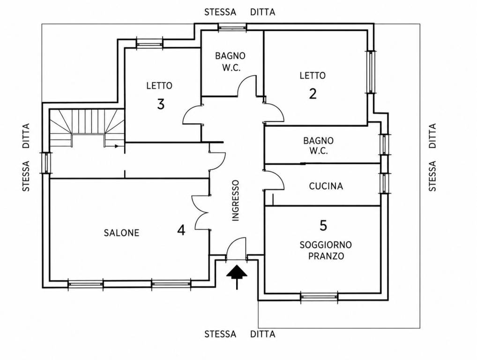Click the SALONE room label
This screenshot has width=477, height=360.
[121, 233]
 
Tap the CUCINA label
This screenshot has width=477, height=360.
[326, 186]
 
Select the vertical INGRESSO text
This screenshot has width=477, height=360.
[236, 201]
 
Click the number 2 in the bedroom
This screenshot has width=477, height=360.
[313, 93]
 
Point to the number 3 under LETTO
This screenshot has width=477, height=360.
[161, 104]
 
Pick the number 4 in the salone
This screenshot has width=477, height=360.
[181, 230]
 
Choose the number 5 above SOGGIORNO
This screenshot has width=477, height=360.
[323, 225]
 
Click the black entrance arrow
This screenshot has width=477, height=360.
[237, 277]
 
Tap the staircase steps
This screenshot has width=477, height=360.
[87, 128]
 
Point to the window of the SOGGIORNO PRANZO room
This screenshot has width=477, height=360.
[319, 297]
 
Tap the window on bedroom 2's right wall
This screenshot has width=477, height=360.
[371, 72]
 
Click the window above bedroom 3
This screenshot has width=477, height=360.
[149, 44]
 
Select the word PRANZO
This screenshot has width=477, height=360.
[326, 256]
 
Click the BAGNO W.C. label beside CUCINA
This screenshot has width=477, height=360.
[319, 146]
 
